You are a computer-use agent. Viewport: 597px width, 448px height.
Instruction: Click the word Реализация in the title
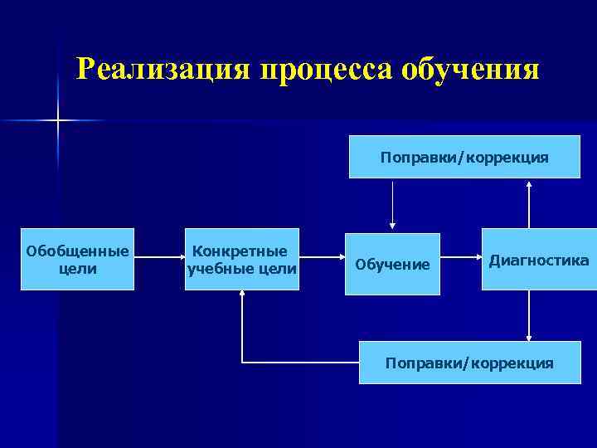[163, 69]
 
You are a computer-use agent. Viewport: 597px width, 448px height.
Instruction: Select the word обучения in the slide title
[470, 69]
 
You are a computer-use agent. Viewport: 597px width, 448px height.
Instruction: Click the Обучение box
[393, 264]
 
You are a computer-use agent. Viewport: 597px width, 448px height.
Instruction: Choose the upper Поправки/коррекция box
[464, 157]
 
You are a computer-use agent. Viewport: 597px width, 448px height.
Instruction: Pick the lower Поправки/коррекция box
[469, 363]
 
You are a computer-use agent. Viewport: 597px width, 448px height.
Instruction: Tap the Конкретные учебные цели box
[241, 259]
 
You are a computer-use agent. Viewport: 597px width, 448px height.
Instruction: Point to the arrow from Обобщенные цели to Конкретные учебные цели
[158, 258]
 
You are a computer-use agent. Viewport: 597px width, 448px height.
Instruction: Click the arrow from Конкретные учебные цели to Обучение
[322, 258]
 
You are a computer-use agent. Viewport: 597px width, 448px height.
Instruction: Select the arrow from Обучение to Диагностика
[461, 258]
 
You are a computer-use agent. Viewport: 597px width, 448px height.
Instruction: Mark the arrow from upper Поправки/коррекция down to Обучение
[392, 204]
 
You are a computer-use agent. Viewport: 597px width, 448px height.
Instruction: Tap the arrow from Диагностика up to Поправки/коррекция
[529, 204]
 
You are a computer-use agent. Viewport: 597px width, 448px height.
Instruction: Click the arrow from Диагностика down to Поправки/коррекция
[529, 316]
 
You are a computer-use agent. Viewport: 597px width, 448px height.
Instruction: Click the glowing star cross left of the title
[58, 121]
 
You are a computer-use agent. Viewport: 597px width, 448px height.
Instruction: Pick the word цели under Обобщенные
[78, 269]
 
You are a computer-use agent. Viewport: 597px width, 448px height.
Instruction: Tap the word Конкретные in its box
[240, 251]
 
